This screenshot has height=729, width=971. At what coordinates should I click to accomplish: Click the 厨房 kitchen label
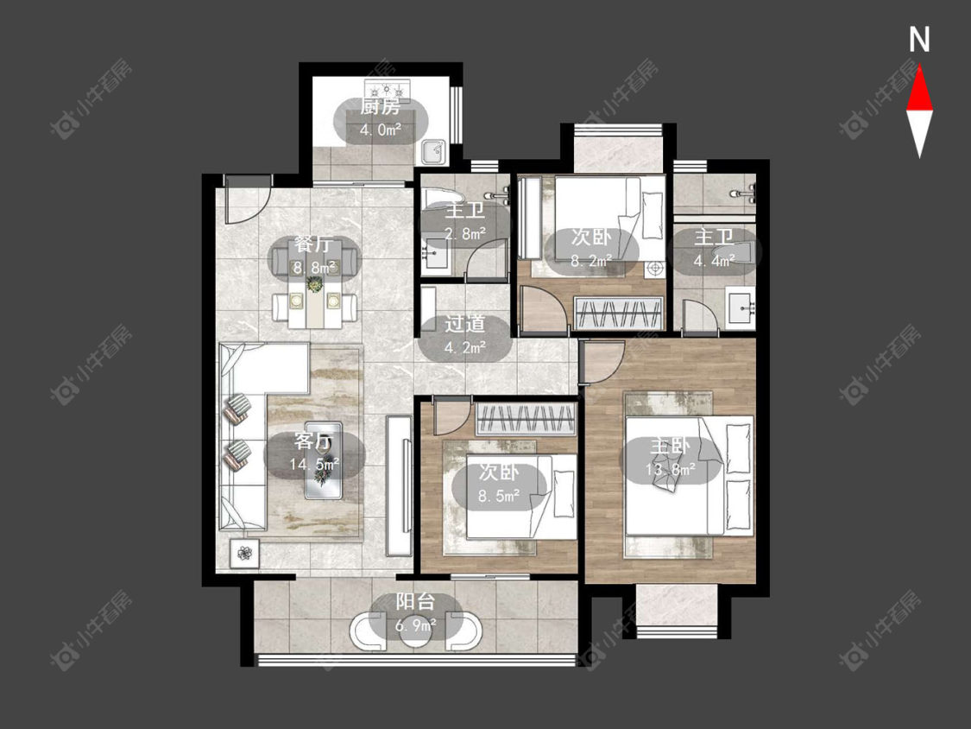381,107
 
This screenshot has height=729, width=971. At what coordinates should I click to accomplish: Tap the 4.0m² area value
381,130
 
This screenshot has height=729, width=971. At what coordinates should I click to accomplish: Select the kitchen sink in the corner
433,151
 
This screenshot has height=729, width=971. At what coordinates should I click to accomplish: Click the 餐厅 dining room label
313,244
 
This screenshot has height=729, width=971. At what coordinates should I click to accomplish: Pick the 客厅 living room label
313,441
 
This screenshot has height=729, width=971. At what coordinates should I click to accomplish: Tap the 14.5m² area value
314,464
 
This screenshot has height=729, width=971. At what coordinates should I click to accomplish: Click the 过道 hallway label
464,324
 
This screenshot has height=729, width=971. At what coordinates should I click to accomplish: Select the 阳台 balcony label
415,602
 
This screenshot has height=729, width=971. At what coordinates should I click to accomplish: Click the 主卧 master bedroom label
670,446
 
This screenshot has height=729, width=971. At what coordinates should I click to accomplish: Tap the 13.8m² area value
670,469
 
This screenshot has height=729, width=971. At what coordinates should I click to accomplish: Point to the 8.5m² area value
499,495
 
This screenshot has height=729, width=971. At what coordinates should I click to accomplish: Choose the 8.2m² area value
591,261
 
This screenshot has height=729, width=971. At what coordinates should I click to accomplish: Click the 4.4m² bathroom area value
714,260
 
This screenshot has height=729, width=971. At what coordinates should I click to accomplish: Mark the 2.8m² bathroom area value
465,234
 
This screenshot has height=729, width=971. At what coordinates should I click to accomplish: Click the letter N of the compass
919,39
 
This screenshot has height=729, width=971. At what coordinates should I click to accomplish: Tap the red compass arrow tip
919,67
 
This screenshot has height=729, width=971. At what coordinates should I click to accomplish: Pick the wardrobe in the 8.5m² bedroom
526,419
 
